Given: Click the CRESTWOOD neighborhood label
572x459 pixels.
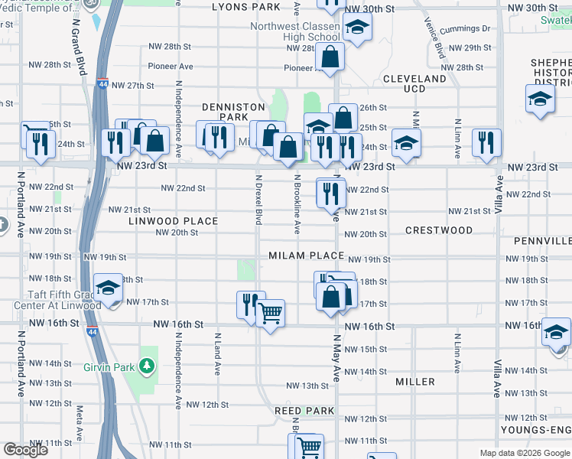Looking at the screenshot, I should (x=439, y=230).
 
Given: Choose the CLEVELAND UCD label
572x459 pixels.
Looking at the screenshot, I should (x=414, y=84).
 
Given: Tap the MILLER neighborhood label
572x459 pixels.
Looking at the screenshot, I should (x=415, y=381).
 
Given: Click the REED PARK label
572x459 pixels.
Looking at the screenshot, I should (x=305, y=411).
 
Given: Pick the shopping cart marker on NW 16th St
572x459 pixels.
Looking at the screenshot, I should (x=270, y=312).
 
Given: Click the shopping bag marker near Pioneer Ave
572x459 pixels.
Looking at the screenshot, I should (x=330, y=57).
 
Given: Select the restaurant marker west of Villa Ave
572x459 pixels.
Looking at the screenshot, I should (x=486, y=143).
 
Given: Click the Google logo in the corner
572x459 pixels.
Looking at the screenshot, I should (x=25, y=450).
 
